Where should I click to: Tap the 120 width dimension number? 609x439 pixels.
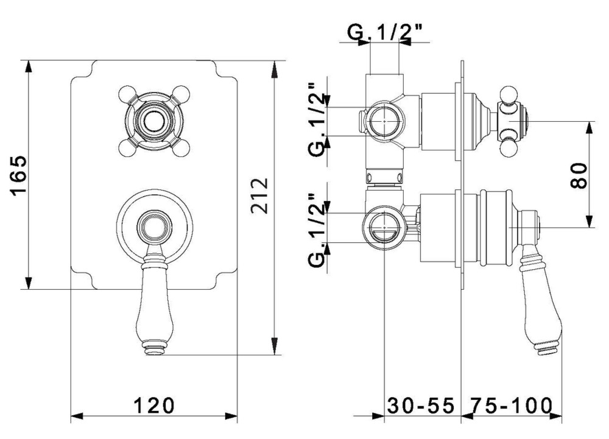(154, 404)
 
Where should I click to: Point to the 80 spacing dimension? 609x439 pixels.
(579, 175)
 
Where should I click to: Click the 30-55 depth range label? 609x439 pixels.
(421, 404)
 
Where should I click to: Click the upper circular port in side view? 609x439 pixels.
(382, 120)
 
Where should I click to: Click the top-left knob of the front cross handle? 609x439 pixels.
(127, 94)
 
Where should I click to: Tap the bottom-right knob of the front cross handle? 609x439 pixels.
(179, 145)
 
